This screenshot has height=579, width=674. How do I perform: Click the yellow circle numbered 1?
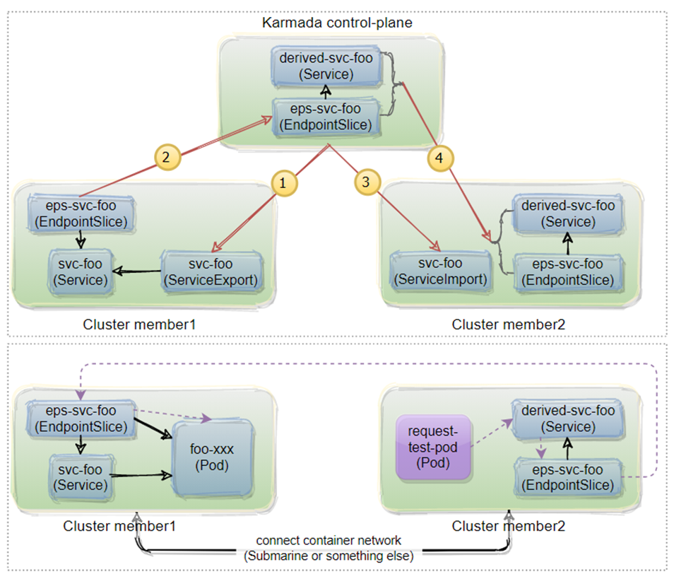tap(283, 182)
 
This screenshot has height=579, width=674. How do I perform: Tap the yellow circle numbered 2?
tap(166, 157)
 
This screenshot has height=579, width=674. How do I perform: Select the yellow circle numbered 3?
tap(365, 182)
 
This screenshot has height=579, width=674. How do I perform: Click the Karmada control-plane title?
tap(337, 23)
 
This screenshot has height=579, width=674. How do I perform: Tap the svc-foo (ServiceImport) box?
tap(439, 271)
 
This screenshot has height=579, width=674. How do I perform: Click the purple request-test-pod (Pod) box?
tap(433, 448)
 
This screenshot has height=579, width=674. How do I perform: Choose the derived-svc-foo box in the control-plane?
tap(326, 66)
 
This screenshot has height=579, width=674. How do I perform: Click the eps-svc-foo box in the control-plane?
tap(326, 117)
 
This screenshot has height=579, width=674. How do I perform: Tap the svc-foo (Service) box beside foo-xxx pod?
tap(81, 477)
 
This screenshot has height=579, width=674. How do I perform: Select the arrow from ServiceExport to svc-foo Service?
tap(138, 271)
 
